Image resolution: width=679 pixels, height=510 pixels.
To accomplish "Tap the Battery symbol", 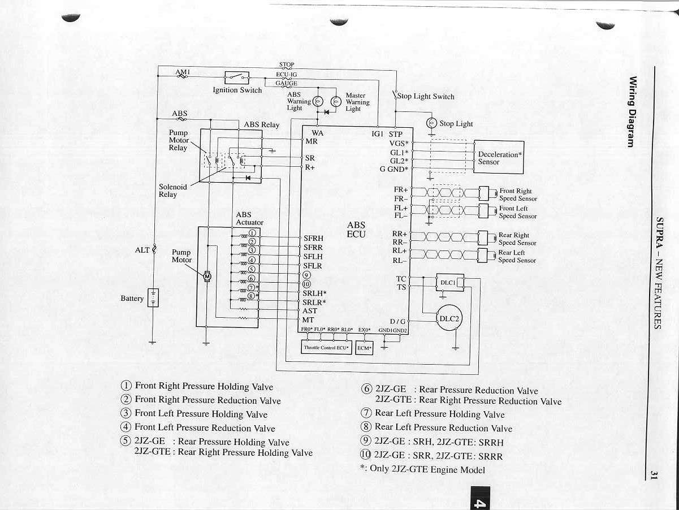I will (153, 297).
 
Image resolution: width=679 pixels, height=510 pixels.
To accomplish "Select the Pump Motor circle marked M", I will (206, 276).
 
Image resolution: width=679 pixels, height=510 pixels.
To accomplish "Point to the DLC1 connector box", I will (450, 282).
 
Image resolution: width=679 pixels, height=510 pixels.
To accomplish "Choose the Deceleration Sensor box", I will (498, 157).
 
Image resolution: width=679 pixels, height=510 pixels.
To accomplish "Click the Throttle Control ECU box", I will (326, 348).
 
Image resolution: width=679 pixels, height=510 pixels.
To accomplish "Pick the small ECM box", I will (364, 348).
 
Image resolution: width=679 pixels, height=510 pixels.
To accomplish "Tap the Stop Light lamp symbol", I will (431, 123).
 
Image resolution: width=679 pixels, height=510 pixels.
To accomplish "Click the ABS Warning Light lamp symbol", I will (318, 101).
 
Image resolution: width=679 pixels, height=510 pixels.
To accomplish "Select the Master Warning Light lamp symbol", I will (335, 101).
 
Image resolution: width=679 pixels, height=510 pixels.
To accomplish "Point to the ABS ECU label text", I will (356, 229).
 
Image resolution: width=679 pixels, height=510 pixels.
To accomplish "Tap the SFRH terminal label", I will (313, 239).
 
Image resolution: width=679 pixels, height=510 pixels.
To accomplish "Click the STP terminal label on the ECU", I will (395, 135).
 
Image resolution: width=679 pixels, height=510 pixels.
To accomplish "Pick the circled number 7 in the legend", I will (366, 413).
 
